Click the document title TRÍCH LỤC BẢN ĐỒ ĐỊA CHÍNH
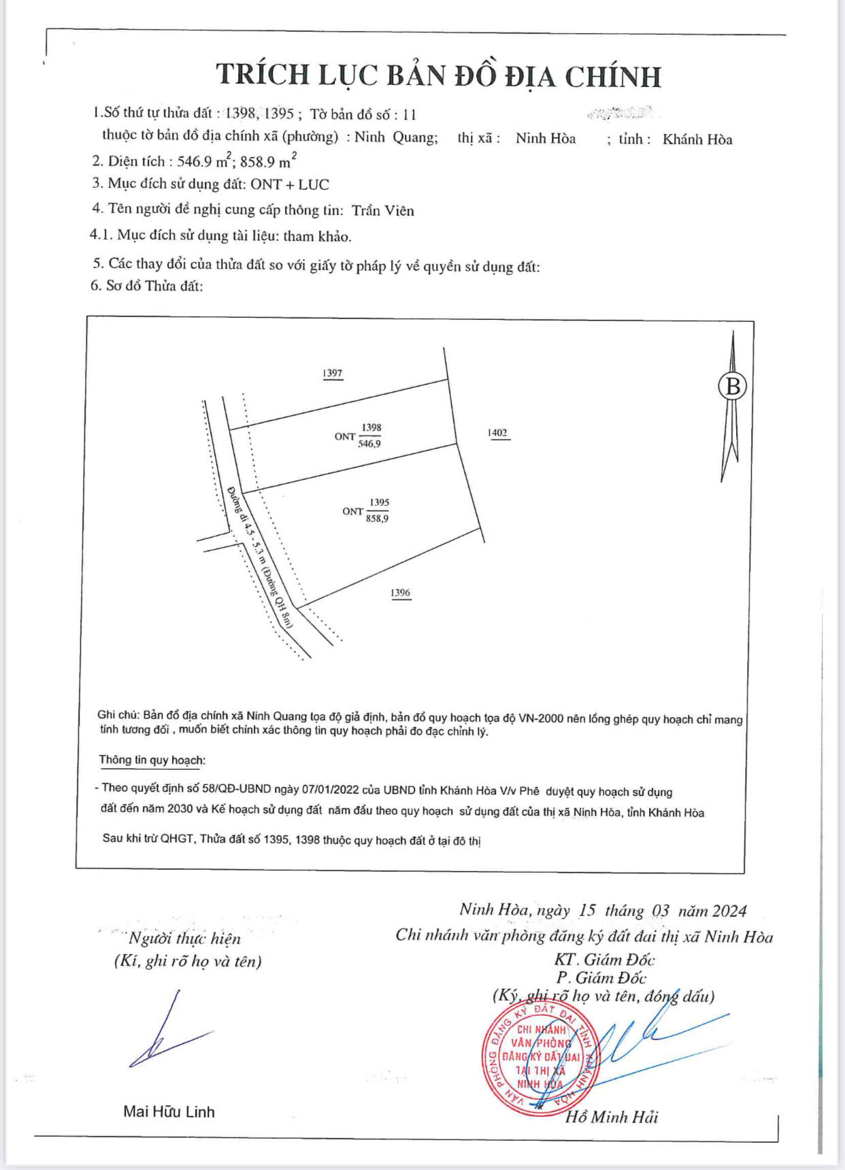pos(438,75)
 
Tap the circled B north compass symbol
pos(733,387)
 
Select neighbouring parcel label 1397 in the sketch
pos(333,373)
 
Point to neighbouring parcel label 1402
pos(497,433)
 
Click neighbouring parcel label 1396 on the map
pos(401,593)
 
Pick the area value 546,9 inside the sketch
pos(369,444)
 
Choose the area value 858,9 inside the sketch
pos(378,519)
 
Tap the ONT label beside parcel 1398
pos(345,436)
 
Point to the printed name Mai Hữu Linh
pos(169,1111)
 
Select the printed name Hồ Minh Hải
pos(612,1117)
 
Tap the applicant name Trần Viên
pos(383,210)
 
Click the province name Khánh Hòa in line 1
pos(697,140)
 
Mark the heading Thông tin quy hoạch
pos(152,760)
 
